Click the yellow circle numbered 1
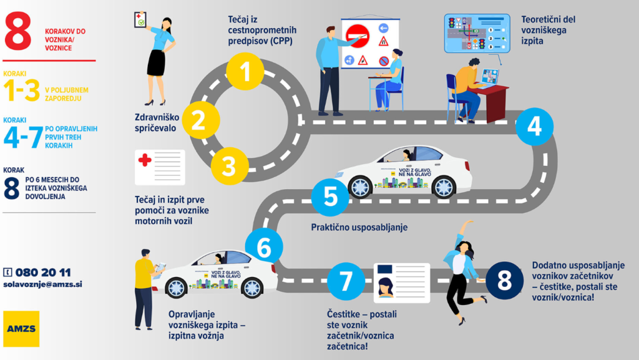245,72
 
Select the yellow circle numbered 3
229,166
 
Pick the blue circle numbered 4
534,127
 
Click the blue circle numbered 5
330,197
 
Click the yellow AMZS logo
21,328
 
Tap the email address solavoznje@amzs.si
42,284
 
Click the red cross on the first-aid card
145,160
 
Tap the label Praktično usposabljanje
359,227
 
